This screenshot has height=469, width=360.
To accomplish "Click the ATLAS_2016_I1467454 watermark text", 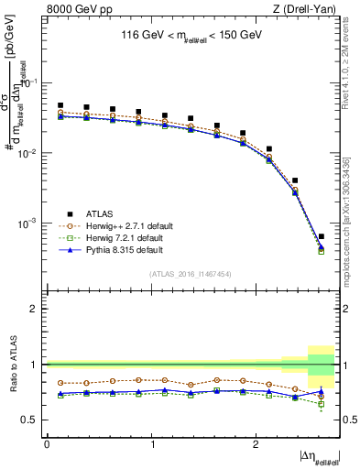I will point(191,274).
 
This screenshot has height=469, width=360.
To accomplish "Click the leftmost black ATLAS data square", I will point(60,105).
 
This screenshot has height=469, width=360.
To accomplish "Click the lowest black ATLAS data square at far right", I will point(321,236).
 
